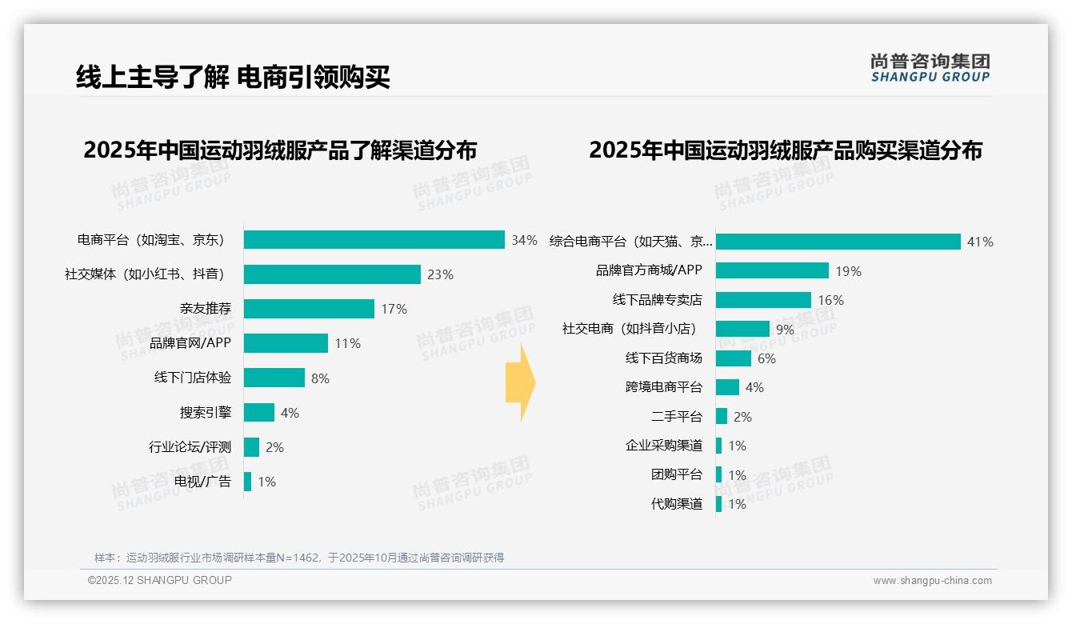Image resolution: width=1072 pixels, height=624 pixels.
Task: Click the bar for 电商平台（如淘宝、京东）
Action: tap(374, 240)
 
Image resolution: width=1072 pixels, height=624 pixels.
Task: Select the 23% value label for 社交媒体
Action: tap(440, 274)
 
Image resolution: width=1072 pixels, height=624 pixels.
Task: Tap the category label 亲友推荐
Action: tap(206, 309)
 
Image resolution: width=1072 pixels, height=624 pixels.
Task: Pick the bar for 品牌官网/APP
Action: tap(286, 343)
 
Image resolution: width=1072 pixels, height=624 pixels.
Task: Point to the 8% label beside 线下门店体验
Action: tap(320, 378)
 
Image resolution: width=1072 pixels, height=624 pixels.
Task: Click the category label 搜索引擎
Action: tap(206, 413)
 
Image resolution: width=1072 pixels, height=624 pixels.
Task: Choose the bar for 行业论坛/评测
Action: tap(251, 447)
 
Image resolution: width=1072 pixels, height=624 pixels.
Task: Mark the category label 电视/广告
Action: tap(203, 482)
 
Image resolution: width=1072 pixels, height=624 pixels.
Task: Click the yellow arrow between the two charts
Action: tap(520, 383)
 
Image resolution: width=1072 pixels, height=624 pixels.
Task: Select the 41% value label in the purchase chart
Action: tap(980, 242)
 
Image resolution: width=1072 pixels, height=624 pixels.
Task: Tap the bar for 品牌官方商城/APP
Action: tap(772, 270)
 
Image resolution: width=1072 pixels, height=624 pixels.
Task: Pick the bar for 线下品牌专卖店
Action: tap(763, 300)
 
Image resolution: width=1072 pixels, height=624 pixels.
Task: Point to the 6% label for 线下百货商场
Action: tap(766, 358)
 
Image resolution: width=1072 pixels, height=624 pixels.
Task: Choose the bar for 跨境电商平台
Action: tap(727, 387)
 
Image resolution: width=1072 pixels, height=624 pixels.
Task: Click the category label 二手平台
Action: tap(677, 417)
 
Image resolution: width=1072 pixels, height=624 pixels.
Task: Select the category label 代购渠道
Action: tap(677, 504)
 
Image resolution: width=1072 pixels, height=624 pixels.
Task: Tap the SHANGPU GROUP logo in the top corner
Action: tap(930, 68)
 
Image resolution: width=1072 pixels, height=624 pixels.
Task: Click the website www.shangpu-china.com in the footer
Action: tap(932, 581)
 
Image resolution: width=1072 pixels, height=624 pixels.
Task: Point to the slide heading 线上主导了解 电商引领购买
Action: tap(233, 78)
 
